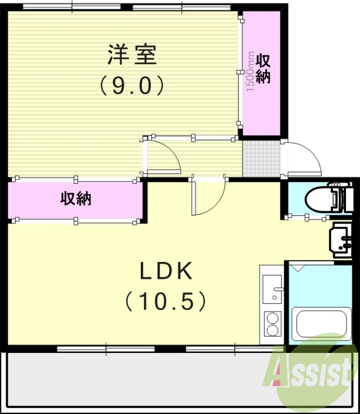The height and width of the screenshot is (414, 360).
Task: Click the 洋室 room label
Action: click(x=132, y=55)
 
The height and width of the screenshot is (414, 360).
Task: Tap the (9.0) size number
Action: click(x=132, y=85)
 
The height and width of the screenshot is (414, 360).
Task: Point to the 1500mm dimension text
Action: click(x=250, y=72)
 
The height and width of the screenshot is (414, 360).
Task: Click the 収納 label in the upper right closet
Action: click(x=263, y=69)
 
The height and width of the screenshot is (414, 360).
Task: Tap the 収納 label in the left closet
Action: click(x=76, y=198)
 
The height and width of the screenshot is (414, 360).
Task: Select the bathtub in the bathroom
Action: click(x=318, y=323)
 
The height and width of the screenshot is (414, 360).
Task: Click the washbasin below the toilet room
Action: click(x=342, y=241)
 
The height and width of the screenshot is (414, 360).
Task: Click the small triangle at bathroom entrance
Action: click(x=298, y=268)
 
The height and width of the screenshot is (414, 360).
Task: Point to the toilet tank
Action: click(x=341, y=198)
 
